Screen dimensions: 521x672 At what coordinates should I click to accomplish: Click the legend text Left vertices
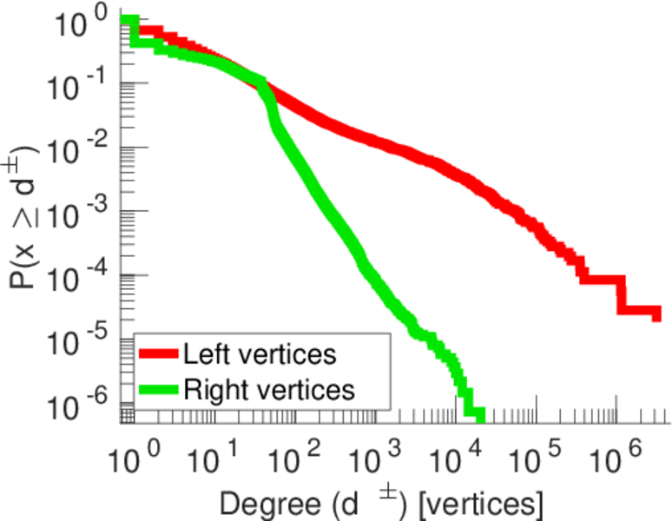coord(259,354)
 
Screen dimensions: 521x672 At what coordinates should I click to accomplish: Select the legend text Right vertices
coord(268,390)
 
